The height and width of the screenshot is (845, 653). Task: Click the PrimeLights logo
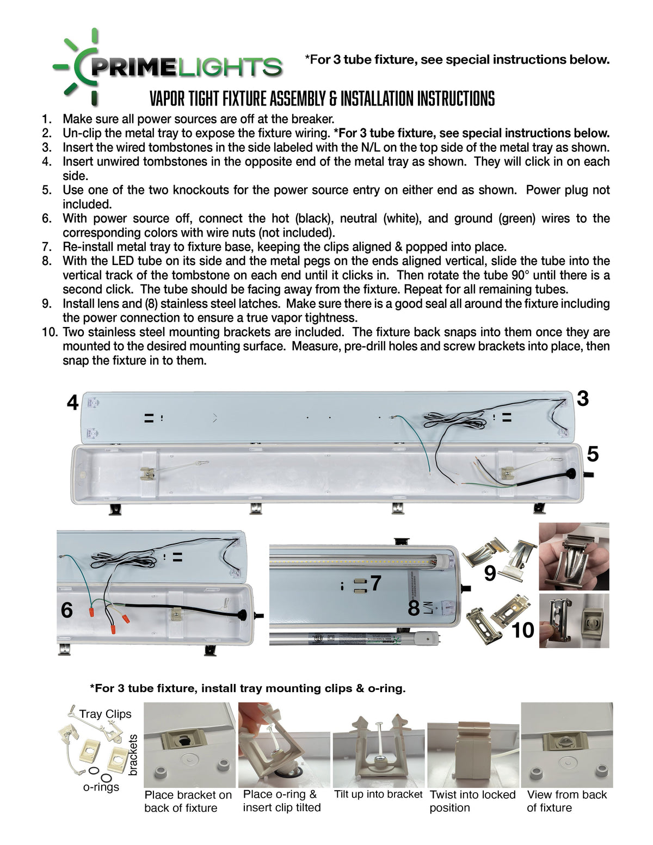(x=167, y=67)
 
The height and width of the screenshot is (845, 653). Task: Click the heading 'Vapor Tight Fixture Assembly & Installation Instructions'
(x=322, y=98)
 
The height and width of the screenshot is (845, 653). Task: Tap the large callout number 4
(x=73, y=403)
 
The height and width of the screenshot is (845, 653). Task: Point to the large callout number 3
(x=583, y=399)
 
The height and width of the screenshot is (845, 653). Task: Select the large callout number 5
(x=593, y=454)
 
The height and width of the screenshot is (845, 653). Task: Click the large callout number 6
(x=66, y=610)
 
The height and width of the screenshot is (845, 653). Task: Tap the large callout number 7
(x=375, y=583)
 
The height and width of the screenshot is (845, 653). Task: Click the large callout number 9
(x=490, y=573)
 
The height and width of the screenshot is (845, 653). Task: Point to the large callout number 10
(x=523, y=630)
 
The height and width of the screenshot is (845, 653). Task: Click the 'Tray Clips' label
(x=106, y=714)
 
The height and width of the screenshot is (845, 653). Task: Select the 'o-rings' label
(x=101, y=787)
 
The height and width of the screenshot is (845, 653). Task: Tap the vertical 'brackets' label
(x=133, y=755)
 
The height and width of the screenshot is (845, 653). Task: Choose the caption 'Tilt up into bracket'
(x=378, y=794)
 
